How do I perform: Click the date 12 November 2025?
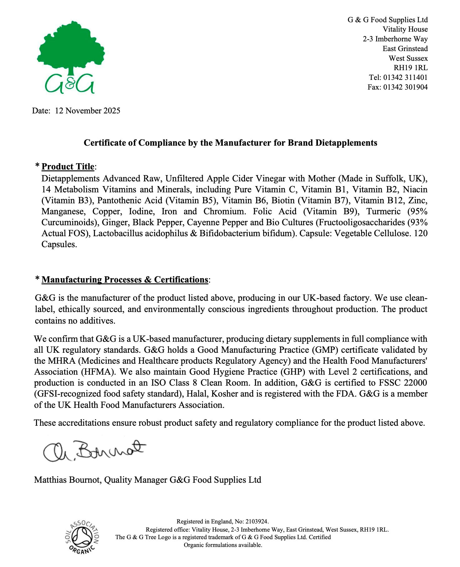point(87,111)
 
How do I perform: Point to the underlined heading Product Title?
point(68,166)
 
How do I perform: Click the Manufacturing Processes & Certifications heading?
point(125,279)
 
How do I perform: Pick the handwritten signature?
point(94,450)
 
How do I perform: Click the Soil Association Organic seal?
point(83,537)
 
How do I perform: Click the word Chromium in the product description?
point(223,211)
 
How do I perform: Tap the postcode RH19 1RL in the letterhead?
point(410,68)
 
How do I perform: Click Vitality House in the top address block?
point(405,29)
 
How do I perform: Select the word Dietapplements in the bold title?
point(346,143)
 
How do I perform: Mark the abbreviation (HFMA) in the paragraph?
point(100,372)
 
